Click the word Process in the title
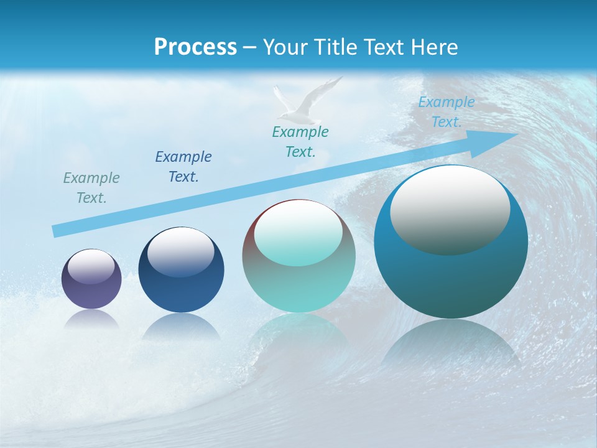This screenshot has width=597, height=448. pyautogui.click(x=195, y=47)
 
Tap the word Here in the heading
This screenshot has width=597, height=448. pyautogui.click(x=435, y=47)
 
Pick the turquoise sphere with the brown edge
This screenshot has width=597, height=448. pyautogui.click(x=298, y=280)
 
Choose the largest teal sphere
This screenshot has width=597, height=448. pyautogui.click(x=451, y=274)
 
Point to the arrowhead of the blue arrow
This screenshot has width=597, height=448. pyautogui.click(x=504, y=135)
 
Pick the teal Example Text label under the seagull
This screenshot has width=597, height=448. pyautogui.click(x=300, y=142)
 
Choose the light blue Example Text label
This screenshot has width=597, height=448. pyautogui.click(x=446, y=112)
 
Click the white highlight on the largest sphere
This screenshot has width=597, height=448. pyautogui.click(x=450, y=208)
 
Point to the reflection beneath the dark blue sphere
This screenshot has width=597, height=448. pyautogui.click(x=181, y=326)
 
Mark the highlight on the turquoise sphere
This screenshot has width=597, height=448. pyautogui.click(x=298, y=233)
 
